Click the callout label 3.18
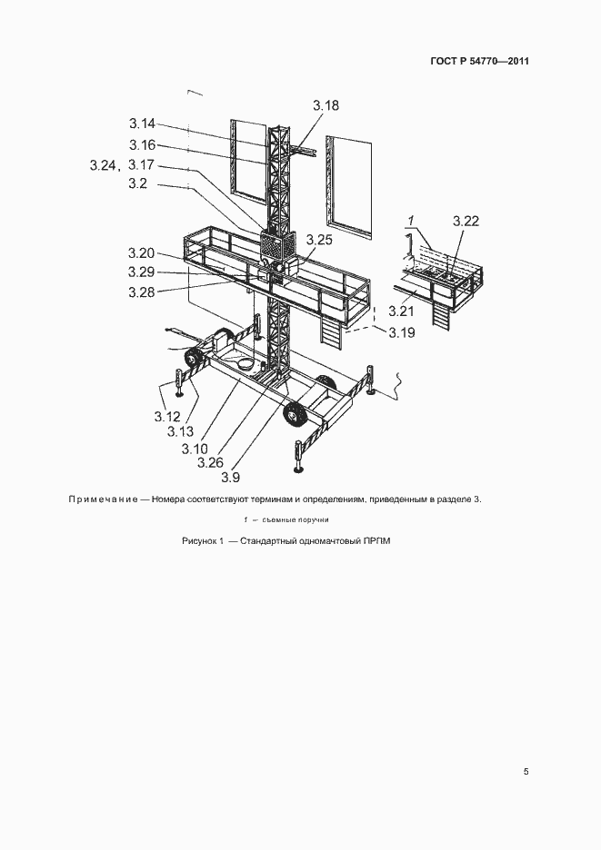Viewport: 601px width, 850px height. click(326, 105)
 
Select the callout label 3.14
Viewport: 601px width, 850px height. click(142, 124)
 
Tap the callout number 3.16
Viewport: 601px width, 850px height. click(142, 145)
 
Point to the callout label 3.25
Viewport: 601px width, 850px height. click(319, 240)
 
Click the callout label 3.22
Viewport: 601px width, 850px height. click(466, 222)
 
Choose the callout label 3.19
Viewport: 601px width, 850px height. click(402, 332)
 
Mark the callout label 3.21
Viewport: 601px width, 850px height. click(401, 311)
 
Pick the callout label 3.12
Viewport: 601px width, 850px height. click(167, 416)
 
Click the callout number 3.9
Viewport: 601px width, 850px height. click(231, 477)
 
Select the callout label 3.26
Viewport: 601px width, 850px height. click(211, 462)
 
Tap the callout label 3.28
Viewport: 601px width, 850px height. click(142, 292)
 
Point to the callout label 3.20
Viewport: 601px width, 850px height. click(142, 253)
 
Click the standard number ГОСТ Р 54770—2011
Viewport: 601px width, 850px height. click(479, 61)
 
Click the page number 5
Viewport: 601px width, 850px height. click(526, 771)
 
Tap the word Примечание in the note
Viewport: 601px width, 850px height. click(103, 499)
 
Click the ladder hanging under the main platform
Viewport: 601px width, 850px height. click(331, 331)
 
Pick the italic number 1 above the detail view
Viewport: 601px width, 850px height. click(411, 222)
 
